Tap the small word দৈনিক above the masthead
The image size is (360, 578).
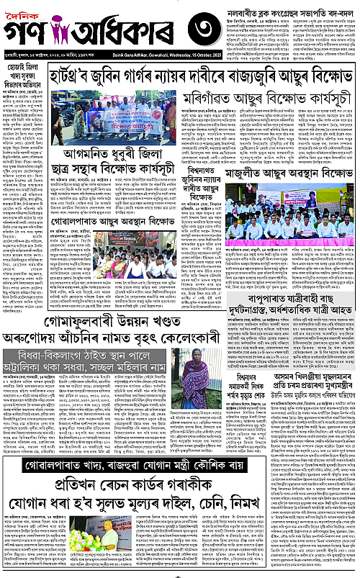tap(22, 10)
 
